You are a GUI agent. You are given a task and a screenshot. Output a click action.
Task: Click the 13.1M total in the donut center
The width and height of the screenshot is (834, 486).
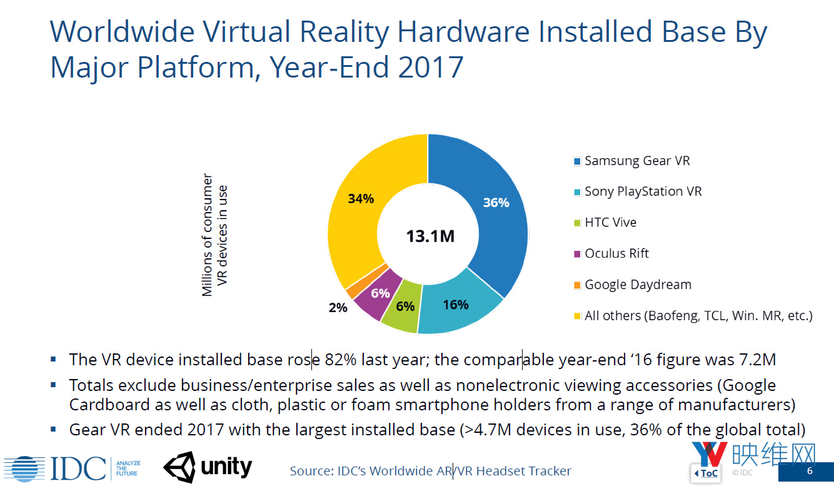point(430,236)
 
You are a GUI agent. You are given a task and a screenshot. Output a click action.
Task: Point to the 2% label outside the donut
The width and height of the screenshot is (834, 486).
point(338,308)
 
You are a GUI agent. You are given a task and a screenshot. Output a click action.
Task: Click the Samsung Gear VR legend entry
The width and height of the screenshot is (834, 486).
point(636,161)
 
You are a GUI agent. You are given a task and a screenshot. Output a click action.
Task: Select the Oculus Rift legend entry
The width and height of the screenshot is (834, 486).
point(616,253)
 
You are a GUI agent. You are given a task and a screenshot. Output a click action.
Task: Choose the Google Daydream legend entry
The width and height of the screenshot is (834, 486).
point(637,285)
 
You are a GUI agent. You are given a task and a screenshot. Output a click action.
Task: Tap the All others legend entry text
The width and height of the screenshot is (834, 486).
point(698,316)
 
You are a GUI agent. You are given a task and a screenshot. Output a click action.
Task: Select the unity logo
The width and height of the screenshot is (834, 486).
point(208,467)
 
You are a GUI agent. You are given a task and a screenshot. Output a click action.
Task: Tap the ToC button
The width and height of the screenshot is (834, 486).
point(706,473)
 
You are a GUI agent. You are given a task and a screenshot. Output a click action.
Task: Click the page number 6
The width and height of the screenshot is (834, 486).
point(810,472)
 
